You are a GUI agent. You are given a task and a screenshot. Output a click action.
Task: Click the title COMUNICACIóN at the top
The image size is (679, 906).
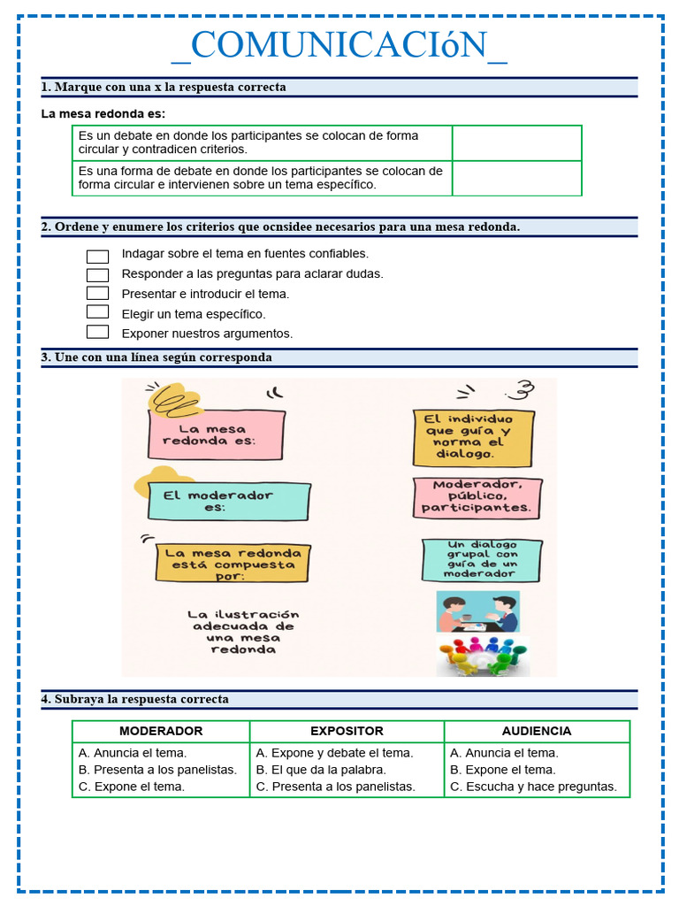click(x=339, y=45)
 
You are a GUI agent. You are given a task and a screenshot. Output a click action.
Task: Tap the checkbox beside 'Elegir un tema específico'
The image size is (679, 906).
click(x=98, y=312)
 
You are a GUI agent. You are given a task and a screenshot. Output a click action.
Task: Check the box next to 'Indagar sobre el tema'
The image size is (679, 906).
click(x=98, y=256)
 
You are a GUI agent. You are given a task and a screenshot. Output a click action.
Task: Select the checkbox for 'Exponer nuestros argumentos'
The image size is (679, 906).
click(x=98, y=333)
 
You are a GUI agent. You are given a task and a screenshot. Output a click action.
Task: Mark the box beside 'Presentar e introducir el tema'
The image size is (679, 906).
click(x=98, y=293)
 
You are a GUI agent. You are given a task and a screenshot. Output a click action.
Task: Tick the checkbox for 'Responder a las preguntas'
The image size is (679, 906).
click(x=98, y=274)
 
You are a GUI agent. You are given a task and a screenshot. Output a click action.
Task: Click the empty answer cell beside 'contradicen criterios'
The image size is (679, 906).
click(x=516, y=143)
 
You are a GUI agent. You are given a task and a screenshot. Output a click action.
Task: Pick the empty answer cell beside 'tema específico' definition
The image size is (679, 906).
click(x=516, y=178)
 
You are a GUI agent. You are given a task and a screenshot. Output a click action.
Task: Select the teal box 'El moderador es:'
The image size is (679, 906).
click(x=229, y=502)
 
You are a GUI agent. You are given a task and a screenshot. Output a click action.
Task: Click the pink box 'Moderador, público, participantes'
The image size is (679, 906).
click(x=477, y=497)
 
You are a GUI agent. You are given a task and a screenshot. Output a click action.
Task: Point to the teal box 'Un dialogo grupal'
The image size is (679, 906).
click(x=481, y=560)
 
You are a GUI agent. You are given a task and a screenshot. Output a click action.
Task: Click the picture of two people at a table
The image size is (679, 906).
click(x=478, y=612)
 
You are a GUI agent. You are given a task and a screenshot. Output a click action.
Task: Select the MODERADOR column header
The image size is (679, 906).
click(x=161, y=732)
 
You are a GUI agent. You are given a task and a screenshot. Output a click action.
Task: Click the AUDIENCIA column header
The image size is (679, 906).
click(x=536, y=732)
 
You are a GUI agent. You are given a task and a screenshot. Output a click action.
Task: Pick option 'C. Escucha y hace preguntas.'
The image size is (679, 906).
click(x=533, y=787)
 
